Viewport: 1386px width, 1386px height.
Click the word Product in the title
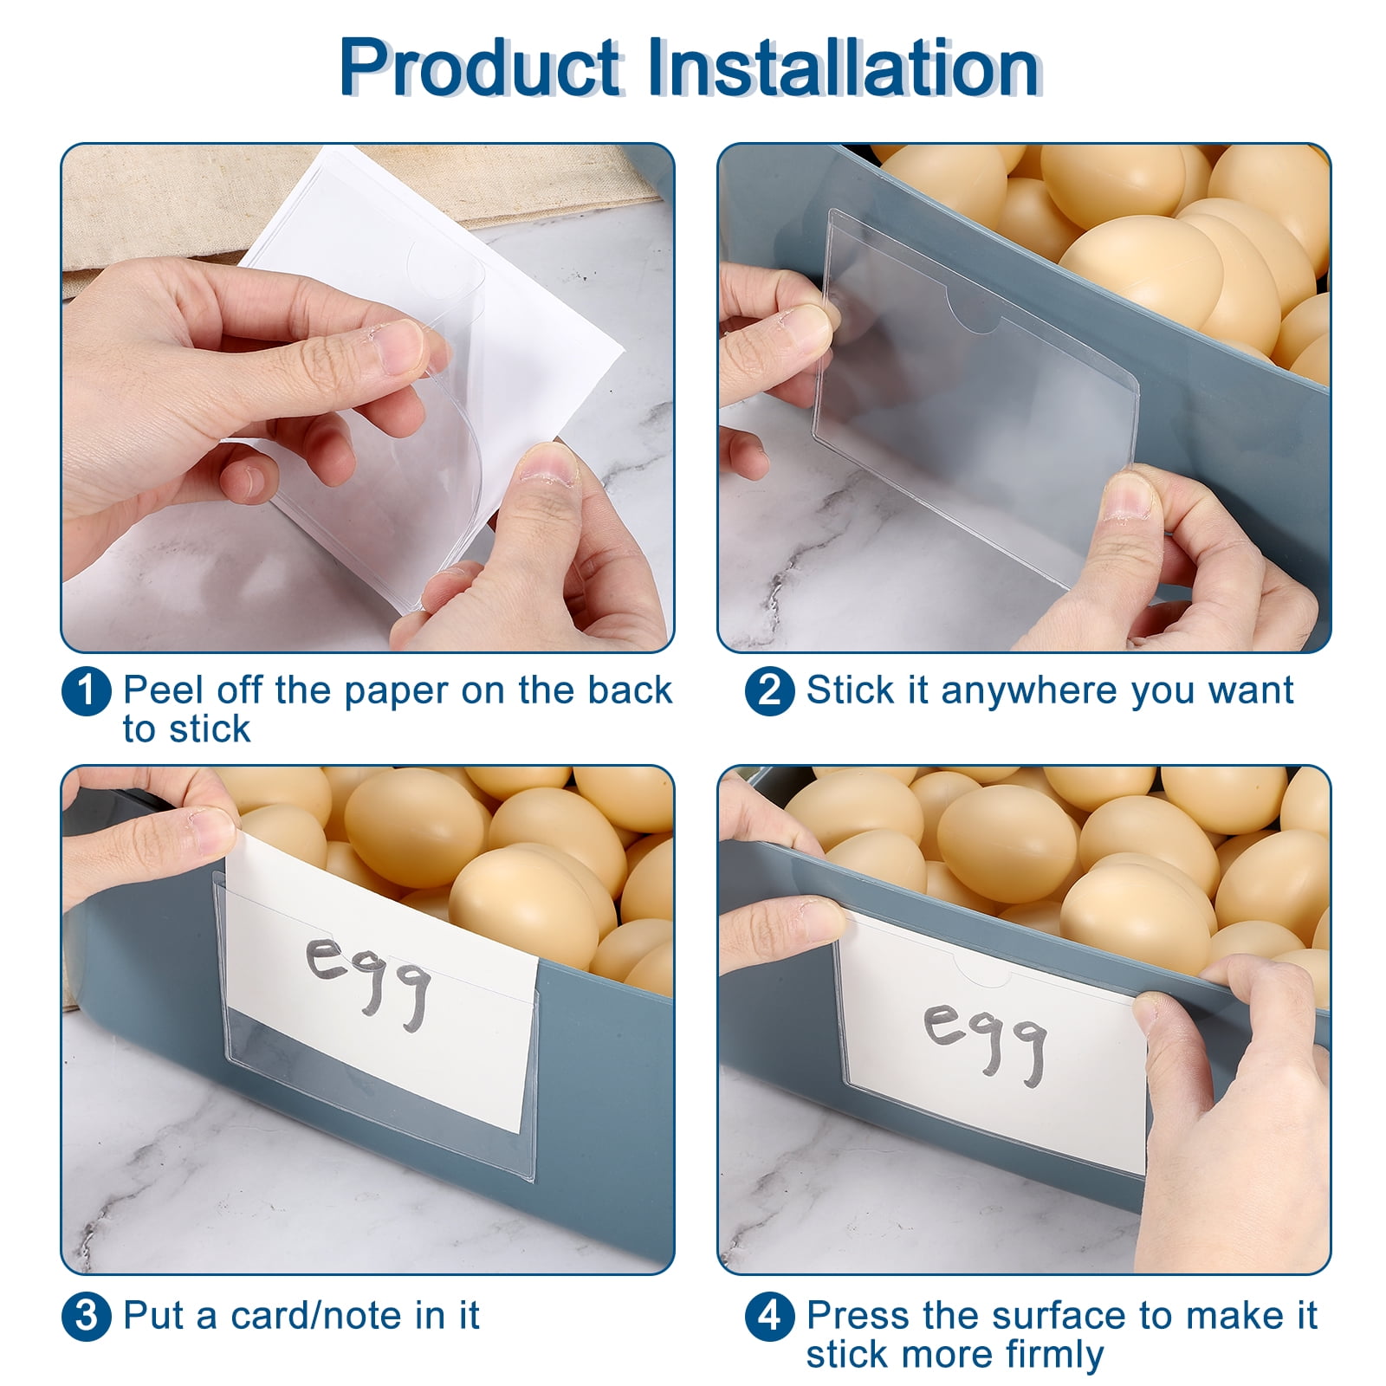coord(479,67)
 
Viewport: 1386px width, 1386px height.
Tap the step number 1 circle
coord(87,692)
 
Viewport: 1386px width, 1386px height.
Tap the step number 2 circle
coord(769,692)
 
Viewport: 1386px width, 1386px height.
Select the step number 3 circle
coord(87,1316)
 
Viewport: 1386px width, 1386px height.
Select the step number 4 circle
coord(769,1316)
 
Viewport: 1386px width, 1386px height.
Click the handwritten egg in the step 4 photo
coord(987,1039)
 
